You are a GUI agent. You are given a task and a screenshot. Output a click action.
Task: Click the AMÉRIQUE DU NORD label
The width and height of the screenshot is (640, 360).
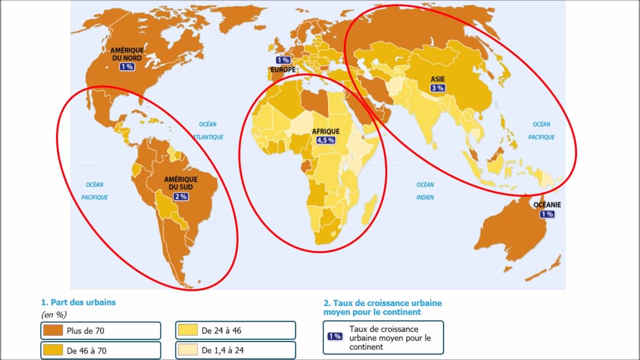click(x=127, y=54)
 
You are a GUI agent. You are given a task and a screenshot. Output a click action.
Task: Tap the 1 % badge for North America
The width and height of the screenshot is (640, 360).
click(x=127, y=66)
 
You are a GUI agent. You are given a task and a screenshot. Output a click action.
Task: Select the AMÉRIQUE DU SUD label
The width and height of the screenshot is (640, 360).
click(x=180, y=183)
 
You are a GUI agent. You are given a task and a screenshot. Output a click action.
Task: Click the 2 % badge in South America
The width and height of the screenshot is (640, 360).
click(x=180, y=196)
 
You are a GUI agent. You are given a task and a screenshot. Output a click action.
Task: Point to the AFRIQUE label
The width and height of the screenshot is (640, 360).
click(x=325, y=131)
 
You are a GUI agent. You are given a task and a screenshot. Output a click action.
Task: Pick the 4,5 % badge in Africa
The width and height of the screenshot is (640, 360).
click(x=325, y=140)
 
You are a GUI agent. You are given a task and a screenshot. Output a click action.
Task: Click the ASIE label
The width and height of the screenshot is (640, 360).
click(x=438, y=79)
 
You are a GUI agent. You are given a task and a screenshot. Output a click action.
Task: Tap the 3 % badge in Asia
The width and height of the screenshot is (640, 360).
click(x=437, y=88)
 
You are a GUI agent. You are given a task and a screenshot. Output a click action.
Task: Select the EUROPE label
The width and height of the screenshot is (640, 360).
click(x=283, y=70)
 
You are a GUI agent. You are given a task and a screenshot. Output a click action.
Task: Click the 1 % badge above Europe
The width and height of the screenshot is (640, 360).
click(x=282, y=60)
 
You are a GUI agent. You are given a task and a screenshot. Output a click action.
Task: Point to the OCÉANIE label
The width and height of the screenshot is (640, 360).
click(x=547, y=204)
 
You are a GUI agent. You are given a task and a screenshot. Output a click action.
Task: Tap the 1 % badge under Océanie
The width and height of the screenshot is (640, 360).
click(x=546, y=214)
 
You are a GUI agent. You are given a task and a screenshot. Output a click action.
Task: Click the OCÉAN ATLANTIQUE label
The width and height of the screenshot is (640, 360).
click(x=208, y=130)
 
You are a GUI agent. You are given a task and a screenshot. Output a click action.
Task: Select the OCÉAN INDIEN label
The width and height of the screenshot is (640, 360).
click(x=425, y=191)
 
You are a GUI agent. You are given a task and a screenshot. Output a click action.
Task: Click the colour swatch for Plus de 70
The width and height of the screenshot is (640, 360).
click(x=53, y=330)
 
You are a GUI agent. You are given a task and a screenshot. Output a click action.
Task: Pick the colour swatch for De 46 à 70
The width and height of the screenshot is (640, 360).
click(x=53, y=350)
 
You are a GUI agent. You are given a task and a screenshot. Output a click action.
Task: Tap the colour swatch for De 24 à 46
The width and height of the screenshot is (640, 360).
click(x=188, y=330)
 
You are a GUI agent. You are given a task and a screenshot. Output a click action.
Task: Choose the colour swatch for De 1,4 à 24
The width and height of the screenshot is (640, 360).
click(x=188, y=350)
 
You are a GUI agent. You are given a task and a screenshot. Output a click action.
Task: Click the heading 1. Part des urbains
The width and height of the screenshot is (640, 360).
click(x=78, y=302)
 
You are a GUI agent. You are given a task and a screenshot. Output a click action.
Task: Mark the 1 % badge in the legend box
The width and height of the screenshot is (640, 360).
click(x=334, y=336)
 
